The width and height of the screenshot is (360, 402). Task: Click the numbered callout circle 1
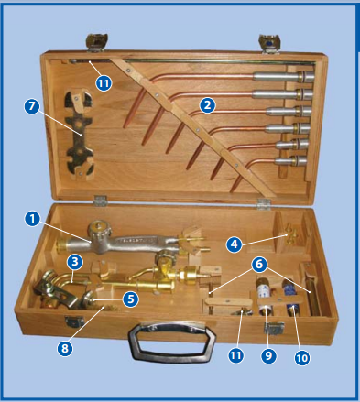coord(32,219)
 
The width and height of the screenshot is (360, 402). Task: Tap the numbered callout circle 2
coord(208,105)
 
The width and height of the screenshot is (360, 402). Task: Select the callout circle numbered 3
coord(75,262)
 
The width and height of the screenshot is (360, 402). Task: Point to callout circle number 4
coord(235,244)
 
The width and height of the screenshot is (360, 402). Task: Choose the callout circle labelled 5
coord(131,299)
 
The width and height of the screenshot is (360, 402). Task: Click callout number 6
coord(259,264)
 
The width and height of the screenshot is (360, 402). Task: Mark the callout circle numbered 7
coord(32,106)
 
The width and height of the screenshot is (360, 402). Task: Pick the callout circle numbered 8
coord(65,348)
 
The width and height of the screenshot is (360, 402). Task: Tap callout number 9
coord(268,356)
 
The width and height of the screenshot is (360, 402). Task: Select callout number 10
coord(302,358)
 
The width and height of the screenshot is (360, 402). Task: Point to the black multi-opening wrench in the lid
coord(79,135)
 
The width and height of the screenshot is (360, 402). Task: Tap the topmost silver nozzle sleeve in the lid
coord(283,76)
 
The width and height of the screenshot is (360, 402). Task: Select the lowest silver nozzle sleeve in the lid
coord(290,160)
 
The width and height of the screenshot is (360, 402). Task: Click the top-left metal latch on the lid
coord(97,42)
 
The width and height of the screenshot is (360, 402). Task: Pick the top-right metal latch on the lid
coord(269,44)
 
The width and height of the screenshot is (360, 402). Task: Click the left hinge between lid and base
coord(100,201)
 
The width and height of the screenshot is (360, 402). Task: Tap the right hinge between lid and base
coord(264,204)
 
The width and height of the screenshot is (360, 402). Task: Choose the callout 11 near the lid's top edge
coord(104,83)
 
